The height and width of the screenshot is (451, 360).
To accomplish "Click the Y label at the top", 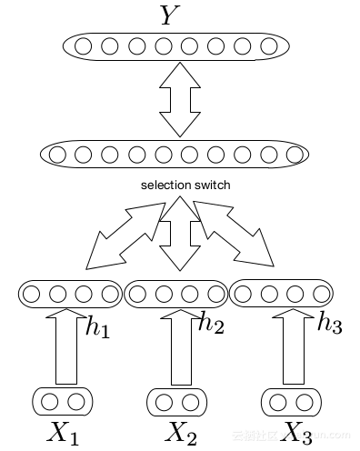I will (x=169, y=15).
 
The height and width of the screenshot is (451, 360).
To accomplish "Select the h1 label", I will (x=98, y=328).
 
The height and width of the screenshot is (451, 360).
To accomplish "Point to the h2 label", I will (x=211, y=323).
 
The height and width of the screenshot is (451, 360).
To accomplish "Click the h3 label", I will (x=329, y=323).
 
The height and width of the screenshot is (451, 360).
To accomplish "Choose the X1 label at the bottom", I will (x=63, y=433).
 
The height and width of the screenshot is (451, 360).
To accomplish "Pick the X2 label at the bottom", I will (x=179, y=433).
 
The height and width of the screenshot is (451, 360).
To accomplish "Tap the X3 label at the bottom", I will (x=295, y=433).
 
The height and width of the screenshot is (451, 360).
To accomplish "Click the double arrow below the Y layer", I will (x=179, y=100).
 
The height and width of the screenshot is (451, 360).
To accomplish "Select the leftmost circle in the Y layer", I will (x=84, y=45).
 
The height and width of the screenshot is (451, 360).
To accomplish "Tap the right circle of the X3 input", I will (x=305, y=401).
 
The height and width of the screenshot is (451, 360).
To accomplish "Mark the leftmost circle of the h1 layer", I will (x=31, y=294).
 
